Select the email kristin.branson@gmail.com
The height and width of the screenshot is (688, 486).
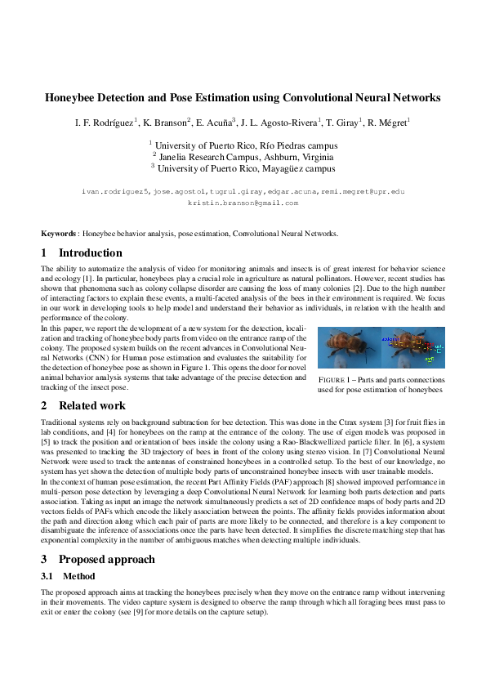coord(243,202)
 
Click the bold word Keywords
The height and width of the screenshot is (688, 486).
coord(59,234)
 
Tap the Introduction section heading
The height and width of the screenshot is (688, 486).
coord(90,253)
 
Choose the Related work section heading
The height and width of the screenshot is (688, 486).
coord(92,405)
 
